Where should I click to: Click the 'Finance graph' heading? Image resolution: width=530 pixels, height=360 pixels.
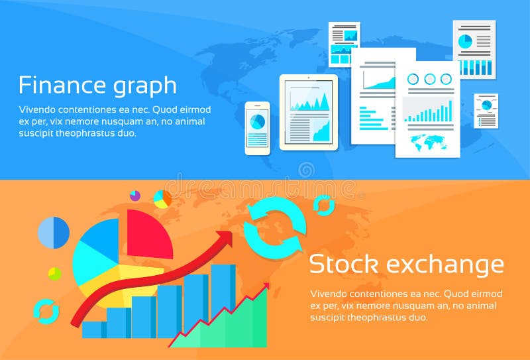pyautogui.click(x=97, y=86)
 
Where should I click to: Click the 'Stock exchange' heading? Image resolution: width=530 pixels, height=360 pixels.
pyautogui.click(x=406, y=265)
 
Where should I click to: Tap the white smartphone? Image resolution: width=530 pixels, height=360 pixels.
pyautogui.click(x=257, y=128)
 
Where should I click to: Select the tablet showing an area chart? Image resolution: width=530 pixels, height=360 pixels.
pyautogui.click(x=308, y=111)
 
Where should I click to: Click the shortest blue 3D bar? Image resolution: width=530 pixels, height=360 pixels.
pyautogui.click(x=93, y=329)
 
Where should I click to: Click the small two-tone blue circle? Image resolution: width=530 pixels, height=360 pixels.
pyautogui.click(x=54, y=233)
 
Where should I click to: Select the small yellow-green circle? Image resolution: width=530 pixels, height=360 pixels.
pyautogui.click(x=54, y=273)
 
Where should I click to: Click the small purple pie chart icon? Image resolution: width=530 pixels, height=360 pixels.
pyautogui.click(x=135, y=196)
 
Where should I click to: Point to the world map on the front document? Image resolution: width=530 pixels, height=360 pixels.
pyautogui.click(x=427, y=140)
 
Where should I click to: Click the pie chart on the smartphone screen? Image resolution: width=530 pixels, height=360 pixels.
pyautogui.click(x=257, y=121)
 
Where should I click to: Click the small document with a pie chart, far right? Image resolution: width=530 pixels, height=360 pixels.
pyautogui.click(x=486, y=111)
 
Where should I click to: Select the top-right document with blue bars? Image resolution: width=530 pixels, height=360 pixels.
pyautogui.click(x=474, y=49)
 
